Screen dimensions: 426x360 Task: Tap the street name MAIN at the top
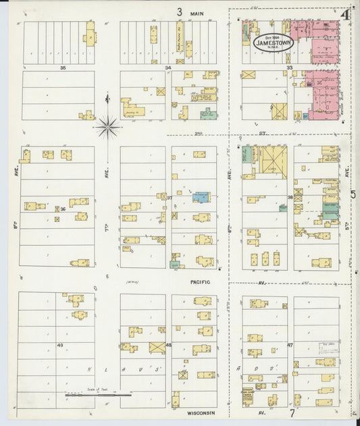coord(197,13)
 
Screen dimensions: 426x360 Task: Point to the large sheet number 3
coord(180,11)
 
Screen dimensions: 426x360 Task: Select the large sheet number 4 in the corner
coord(344,14)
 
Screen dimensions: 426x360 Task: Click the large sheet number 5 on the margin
coord(353,195)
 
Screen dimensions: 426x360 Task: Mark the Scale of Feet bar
coord(98,394)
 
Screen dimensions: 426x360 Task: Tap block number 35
coord(63,68)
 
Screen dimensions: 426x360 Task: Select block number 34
coord(168,68)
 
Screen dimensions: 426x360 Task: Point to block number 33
coord(289,68)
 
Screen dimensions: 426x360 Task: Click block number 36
coord(62,209)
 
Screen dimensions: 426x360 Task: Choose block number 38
coord(290,198)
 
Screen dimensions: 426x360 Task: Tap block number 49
coord(60,345)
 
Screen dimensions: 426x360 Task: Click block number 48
coord(168,345)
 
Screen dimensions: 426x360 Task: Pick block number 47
coord(290,345)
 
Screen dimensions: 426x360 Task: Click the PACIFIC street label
coord(200,282)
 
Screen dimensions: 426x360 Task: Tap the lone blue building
coord(201,197)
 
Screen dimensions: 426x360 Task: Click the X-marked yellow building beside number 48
coord(157,347)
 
